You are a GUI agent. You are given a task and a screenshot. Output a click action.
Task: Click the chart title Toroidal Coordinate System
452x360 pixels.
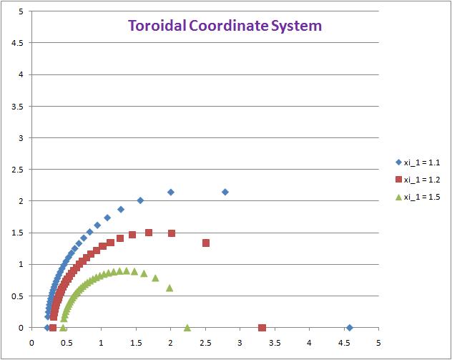(x=225, y=26)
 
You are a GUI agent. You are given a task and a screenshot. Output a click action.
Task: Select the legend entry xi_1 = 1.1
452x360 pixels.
(x=421, y=162)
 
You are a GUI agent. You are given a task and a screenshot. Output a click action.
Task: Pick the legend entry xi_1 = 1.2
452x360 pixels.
(x=421, y=179)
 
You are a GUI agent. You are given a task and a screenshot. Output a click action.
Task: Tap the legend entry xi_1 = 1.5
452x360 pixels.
(x=421, y=197)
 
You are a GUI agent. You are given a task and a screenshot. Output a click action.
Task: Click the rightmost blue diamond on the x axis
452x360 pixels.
(x=350, y=327)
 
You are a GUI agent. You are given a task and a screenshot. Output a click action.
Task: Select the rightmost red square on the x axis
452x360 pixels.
(x=262, y=328)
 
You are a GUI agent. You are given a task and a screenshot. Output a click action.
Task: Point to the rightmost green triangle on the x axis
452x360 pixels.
(x=187, y=327)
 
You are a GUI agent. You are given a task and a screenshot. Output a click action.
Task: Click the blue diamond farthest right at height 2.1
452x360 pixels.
(x=225, y=192)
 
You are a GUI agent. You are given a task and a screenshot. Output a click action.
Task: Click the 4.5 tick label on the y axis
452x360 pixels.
(x=19, y=43)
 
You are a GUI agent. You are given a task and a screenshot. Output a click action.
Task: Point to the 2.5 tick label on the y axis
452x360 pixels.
(x=19, y=170)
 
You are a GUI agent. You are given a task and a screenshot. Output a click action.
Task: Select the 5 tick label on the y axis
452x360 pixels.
(x=22, y=11)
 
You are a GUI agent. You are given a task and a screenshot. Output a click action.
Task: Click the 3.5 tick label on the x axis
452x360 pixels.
(x=274, y=341)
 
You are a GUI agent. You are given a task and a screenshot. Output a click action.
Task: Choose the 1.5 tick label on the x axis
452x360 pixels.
(x=135, y=341)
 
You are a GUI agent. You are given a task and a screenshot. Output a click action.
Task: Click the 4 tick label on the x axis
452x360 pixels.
(x=308, y=341)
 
